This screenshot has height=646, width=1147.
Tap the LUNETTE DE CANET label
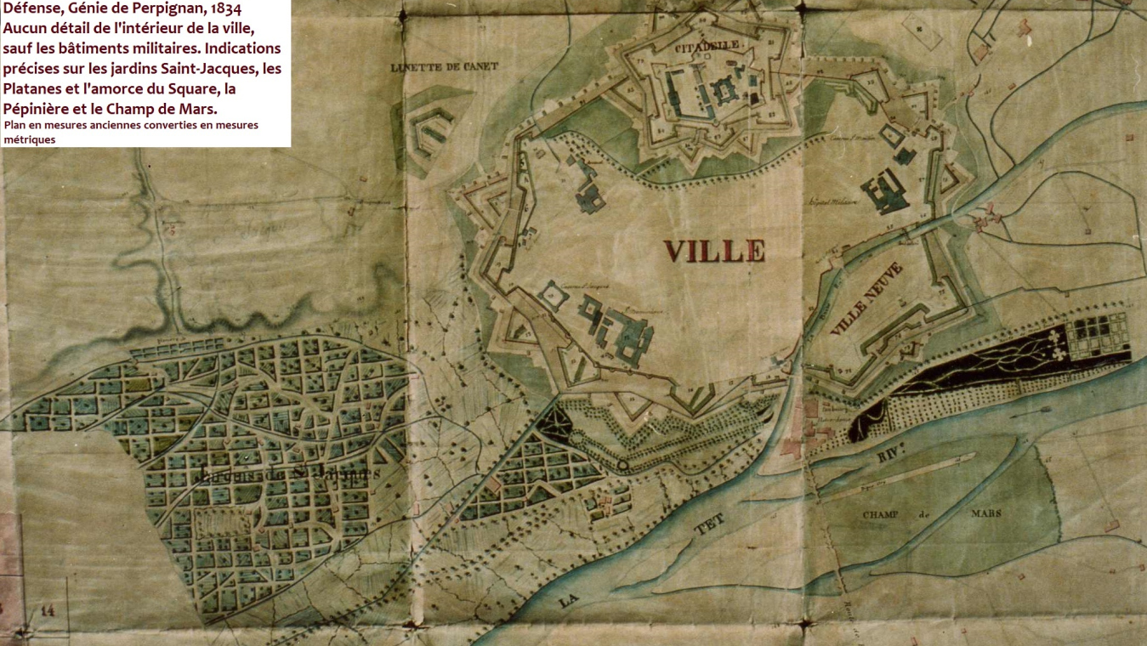coord(443,66)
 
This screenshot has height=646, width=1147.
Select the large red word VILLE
coord(714,251)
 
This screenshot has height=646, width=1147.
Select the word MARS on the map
coord(985,513)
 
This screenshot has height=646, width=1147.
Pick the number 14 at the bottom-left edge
coord(47,609)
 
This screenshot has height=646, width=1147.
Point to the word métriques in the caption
coord(30,140)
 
